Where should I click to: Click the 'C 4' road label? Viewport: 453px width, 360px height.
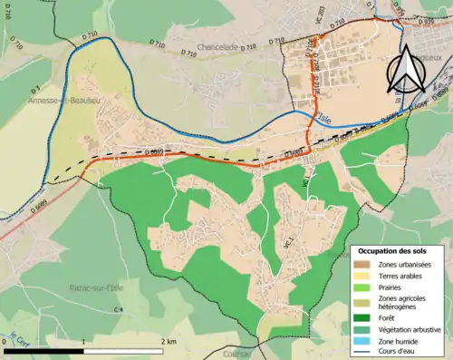[119, 311]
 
